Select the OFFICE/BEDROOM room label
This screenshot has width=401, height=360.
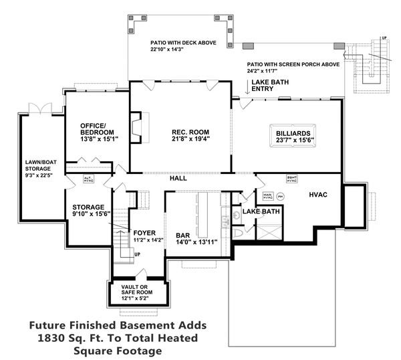98,128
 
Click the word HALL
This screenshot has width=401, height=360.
178,179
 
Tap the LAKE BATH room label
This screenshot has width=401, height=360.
261,211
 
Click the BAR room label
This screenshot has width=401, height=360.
183,236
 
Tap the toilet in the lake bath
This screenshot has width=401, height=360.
239,232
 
